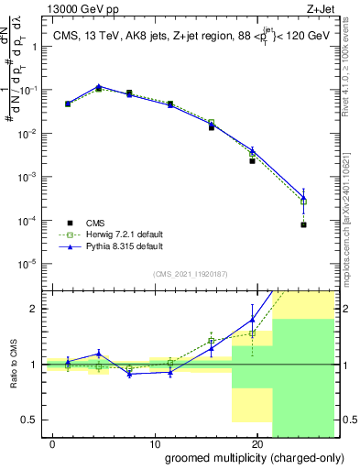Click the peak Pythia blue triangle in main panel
[x=99, y=87]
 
